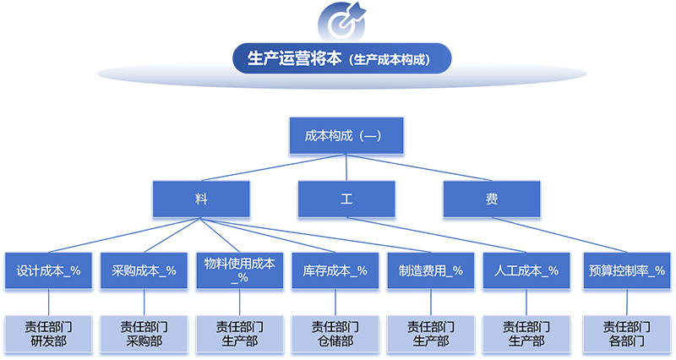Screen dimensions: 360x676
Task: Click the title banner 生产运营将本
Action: point(341,60)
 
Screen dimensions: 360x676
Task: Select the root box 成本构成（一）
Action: point(347,135)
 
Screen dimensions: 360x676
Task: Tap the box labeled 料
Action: point(200,199)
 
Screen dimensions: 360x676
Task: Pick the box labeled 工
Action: point(346,199)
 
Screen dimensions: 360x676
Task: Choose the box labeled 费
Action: point(492,199)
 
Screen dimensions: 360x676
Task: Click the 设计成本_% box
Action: point(48,270)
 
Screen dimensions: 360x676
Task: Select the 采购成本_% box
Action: point(144,270)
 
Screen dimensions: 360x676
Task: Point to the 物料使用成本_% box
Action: point(239,270)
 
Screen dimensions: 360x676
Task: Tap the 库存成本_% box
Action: point(335,270)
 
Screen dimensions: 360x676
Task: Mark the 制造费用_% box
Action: point(430,270)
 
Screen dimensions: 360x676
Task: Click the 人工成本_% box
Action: point(526,270)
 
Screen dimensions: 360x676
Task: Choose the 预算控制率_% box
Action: point(626,270)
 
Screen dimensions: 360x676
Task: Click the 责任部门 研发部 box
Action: point(48,333)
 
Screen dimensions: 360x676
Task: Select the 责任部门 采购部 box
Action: point(144,333)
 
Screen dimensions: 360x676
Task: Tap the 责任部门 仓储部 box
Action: point(335,333)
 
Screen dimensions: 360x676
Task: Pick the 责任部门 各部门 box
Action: point(626,333)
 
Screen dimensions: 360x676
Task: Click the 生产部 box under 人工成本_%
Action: point(526,333)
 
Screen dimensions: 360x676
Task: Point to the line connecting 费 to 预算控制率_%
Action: point(558,235)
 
